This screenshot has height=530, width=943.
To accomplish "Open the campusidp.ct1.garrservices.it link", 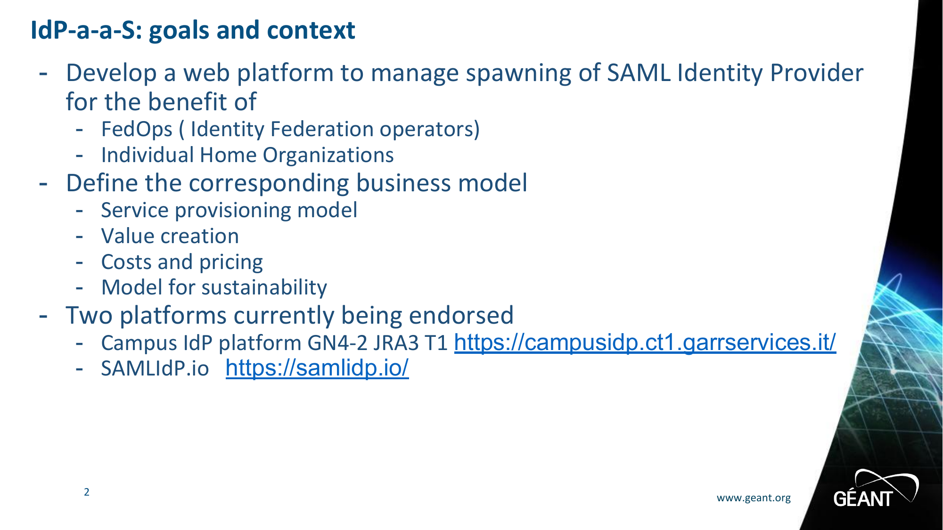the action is point(645,342).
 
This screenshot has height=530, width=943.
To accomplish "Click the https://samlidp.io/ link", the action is point(317,368).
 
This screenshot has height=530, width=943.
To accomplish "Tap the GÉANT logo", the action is point(876,489).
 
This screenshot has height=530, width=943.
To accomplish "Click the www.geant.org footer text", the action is point(754,498).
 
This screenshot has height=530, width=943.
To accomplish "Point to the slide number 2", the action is point(87,492).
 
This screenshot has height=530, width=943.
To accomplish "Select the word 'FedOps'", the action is point(137,130).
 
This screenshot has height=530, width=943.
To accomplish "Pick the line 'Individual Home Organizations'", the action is point(247,155).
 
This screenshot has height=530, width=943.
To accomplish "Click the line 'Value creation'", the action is point(170,236).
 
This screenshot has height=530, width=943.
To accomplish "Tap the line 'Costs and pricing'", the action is point(182,262).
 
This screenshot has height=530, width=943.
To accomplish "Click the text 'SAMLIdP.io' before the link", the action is point(155,368).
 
